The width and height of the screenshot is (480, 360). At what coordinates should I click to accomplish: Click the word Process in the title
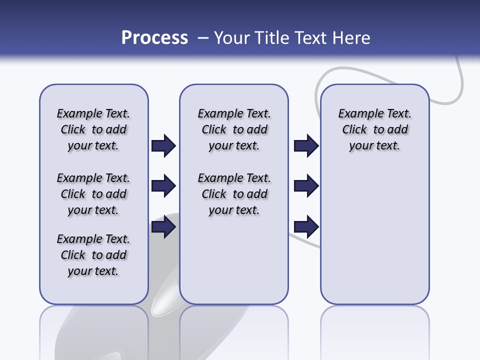point(154,38)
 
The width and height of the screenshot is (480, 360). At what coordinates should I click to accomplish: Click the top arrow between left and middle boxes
point(163,145)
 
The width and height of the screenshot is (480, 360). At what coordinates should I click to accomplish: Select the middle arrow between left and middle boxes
point(163,186)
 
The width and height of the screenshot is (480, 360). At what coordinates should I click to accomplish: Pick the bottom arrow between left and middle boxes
point(163,227)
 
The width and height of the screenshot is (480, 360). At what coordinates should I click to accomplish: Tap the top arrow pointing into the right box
point(306,145)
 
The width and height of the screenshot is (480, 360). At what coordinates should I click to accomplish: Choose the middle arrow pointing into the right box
point(306,186)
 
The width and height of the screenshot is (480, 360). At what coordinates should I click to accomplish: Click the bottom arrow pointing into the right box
point(306,227)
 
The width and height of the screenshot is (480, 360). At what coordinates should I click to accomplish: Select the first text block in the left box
point(93,129)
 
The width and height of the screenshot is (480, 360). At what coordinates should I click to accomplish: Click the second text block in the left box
point(93,194)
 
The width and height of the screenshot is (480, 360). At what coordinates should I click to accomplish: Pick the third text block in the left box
point(93,255)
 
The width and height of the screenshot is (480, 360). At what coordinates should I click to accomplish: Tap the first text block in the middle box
point(234,129)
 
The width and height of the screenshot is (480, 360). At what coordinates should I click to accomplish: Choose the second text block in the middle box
point(234,194)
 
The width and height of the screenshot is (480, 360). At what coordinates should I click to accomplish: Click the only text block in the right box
point(374,129)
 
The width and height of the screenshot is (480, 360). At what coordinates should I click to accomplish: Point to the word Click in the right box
point(354,129)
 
